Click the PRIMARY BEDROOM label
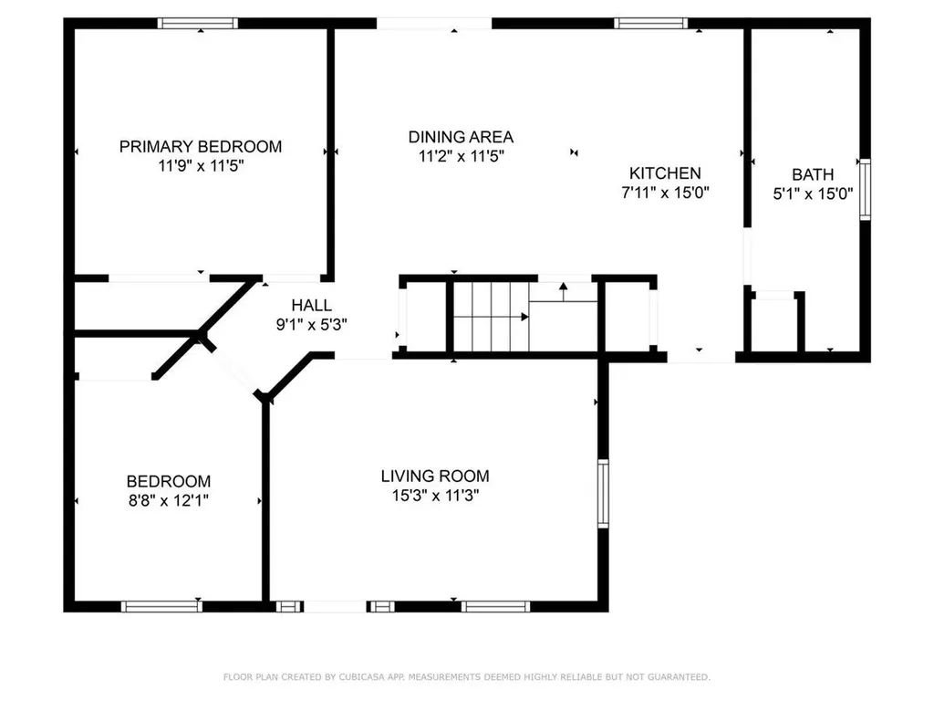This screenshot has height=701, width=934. [201, 146]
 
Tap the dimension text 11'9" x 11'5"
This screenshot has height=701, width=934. [201, 166]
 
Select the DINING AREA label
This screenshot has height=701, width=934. [461, 137]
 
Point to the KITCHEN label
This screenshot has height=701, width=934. [665, 173]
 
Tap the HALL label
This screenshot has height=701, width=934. [312, 306]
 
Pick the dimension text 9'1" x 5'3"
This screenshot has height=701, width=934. [312, 324]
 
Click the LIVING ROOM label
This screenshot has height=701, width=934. [435, 476]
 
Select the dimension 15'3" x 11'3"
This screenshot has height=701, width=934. [435, 496]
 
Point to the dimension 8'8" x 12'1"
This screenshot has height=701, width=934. [168, 500]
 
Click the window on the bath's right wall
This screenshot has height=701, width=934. [865, 189]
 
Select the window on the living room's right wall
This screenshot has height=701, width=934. [603, 493]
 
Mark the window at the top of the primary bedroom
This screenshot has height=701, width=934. [198, 23]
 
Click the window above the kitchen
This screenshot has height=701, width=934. [650, 23]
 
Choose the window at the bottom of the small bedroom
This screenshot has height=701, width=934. [161, 605]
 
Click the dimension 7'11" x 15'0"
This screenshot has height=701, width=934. [665, 193]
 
